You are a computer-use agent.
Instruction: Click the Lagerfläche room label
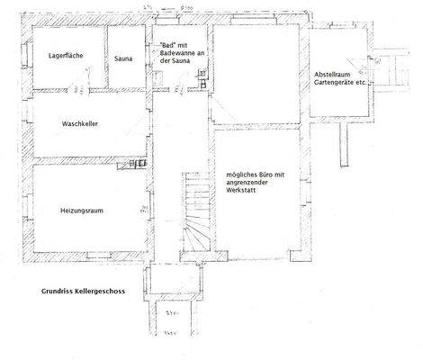click(67, 56)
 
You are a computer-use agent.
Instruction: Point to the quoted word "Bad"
click(166, 44)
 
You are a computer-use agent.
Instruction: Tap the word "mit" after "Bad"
click(184, 44)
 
